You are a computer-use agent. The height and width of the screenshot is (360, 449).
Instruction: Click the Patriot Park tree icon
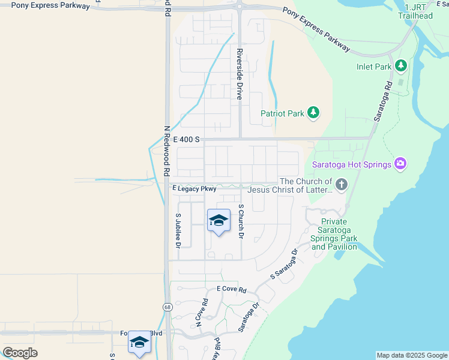click(313, 112)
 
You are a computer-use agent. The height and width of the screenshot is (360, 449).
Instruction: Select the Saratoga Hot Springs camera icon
click(400, 163)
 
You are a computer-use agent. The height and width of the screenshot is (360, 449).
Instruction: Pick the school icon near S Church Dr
click(218, 221)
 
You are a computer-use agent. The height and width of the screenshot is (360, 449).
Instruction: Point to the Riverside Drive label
click(239, 74)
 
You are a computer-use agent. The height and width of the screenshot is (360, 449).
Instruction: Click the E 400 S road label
click(186, 139)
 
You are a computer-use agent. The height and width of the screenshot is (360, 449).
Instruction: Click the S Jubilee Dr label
click(178, 230)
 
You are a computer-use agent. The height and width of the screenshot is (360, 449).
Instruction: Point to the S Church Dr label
click(241, 221)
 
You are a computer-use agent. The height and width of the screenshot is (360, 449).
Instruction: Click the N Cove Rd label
click(201, 313)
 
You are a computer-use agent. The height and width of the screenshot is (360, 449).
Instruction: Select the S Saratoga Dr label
click(284, 264)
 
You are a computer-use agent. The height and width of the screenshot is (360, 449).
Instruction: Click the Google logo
click(20, 353)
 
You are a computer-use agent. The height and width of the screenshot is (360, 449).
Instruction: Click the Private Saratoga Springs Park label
click(334, 234)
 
